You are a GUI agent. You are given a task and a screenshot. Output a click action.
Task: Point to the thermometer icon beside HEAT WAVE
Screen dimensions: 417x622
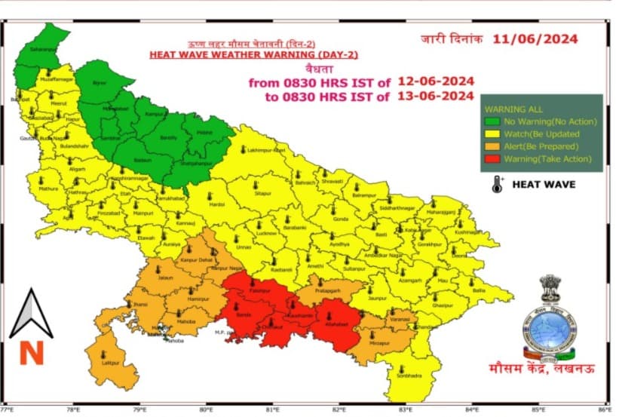click(497, 184)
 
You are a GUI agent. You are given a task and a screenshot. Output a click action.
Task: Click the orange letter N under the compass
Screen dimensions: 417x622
click(32, 352)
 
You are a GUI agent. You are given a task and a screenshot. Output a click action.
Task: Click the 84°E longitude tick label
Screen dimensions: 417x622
click(471, 411)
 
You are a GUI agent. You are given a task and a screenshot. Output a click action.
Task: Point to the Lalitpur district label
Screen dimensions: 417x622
click(112, 362)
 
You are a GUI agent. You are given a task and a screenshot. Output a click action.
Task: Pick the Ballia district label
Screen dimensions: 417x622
click(479, 290)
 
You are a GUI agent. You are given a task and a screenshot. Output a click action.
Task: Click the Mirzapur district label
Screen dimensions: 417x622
click(381, 343)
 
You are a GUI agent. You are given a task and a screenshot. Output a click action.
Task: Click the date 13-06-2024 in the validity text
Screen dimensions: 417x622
click(434, 96)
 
